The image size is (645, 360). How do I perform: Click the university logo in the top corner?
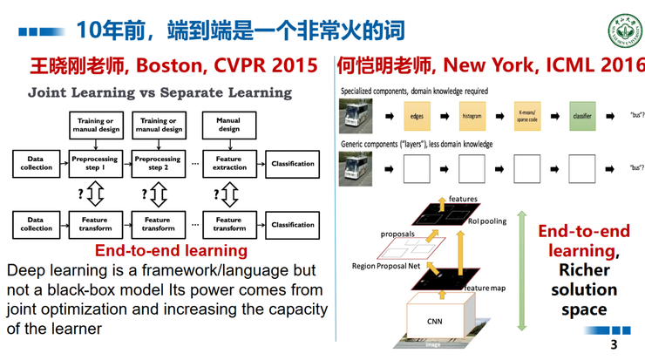(x=622, y=31)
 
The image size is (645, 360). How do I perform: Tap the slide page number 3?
(x=614, y=346)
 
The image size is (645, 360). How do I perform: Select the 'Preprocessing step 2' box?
(x=158, y=163)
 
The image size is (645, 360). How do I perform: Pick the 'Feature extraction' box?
(x=228, y=163)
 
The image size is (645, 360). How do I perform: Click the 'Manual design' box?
(x=228, y=125)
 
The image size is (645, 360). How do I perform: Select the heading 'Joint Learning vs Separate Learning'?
(x=160, y=92)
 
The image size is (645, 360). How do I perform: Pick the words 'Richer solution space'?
(x=584, y=289)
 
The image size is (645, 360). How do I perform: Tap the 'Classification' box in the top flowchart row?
(x=293, y=163)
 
